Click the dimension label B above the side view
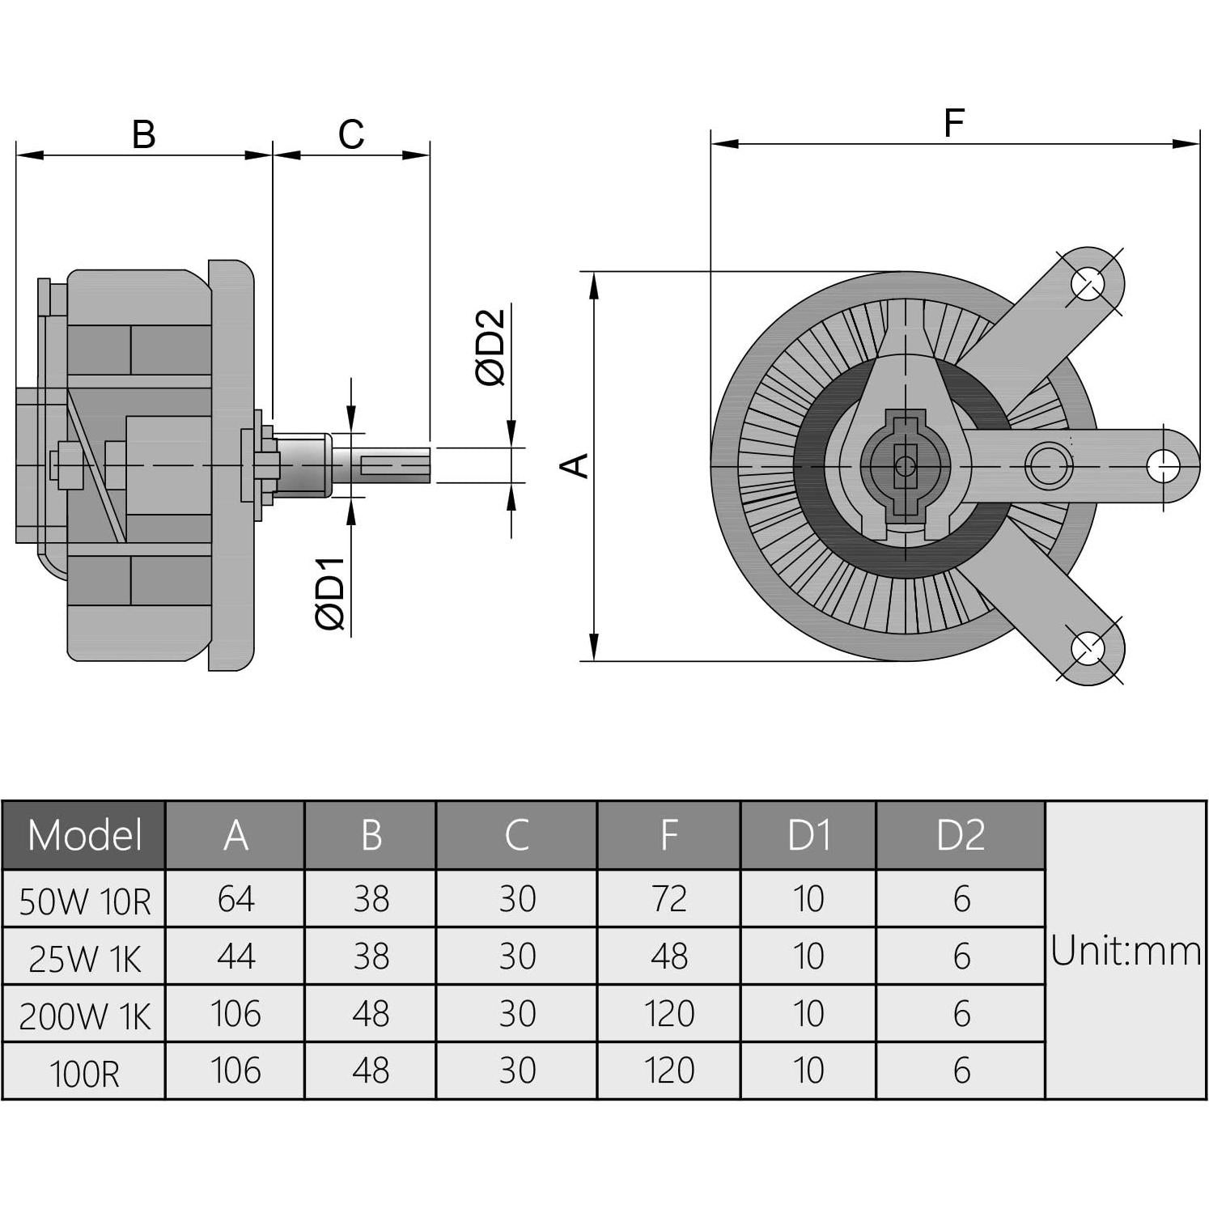pyautogui.click(x=143, y=134)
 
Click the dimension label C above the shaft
pyautogui.click(x=351, y=134)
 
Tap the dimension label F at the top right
pyautogui.click(x=954, y=123)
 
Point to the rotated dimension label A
pyautogui.click(x=575, y=465)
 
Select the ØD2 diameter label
pyautogui.click(x=491, y=347)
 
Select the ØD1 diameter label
pyautogui.click(x=331, y=593)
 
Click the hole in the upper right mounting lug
pyautogui.click(x=1088, y=283)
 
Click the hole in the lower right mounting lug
pyautogui.click(x=1088, y=648)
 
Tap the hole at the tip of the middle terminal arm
pyautogui.click(x=1163, y=465)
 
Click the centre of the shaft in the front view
pyautogui.click(x=905, y=466)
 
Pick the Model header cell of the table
pyautogui.click(x=84, y=835)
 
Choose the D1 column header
pyautogui.click(x=808, y=835)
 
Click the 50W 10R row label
pyautogui.click(x=84, y=900)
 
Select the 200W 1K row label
pyautogui.click(x=84, y=1015)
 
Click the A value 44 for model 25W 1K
pyautogui.click(x=235, y=957)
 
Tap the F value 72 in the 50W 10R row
pyautogui.click(x=668, y=899)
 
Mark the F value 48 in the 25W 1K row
pyautogui.click(x=668, y=957)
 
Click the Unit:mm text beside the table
pyautogui.click(x=1125, y=951)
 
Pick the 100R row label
pyautogui.click(x=84, y=1072)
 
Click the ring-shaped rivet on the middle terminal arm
pyautogui.click(x=1048, y=466)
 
